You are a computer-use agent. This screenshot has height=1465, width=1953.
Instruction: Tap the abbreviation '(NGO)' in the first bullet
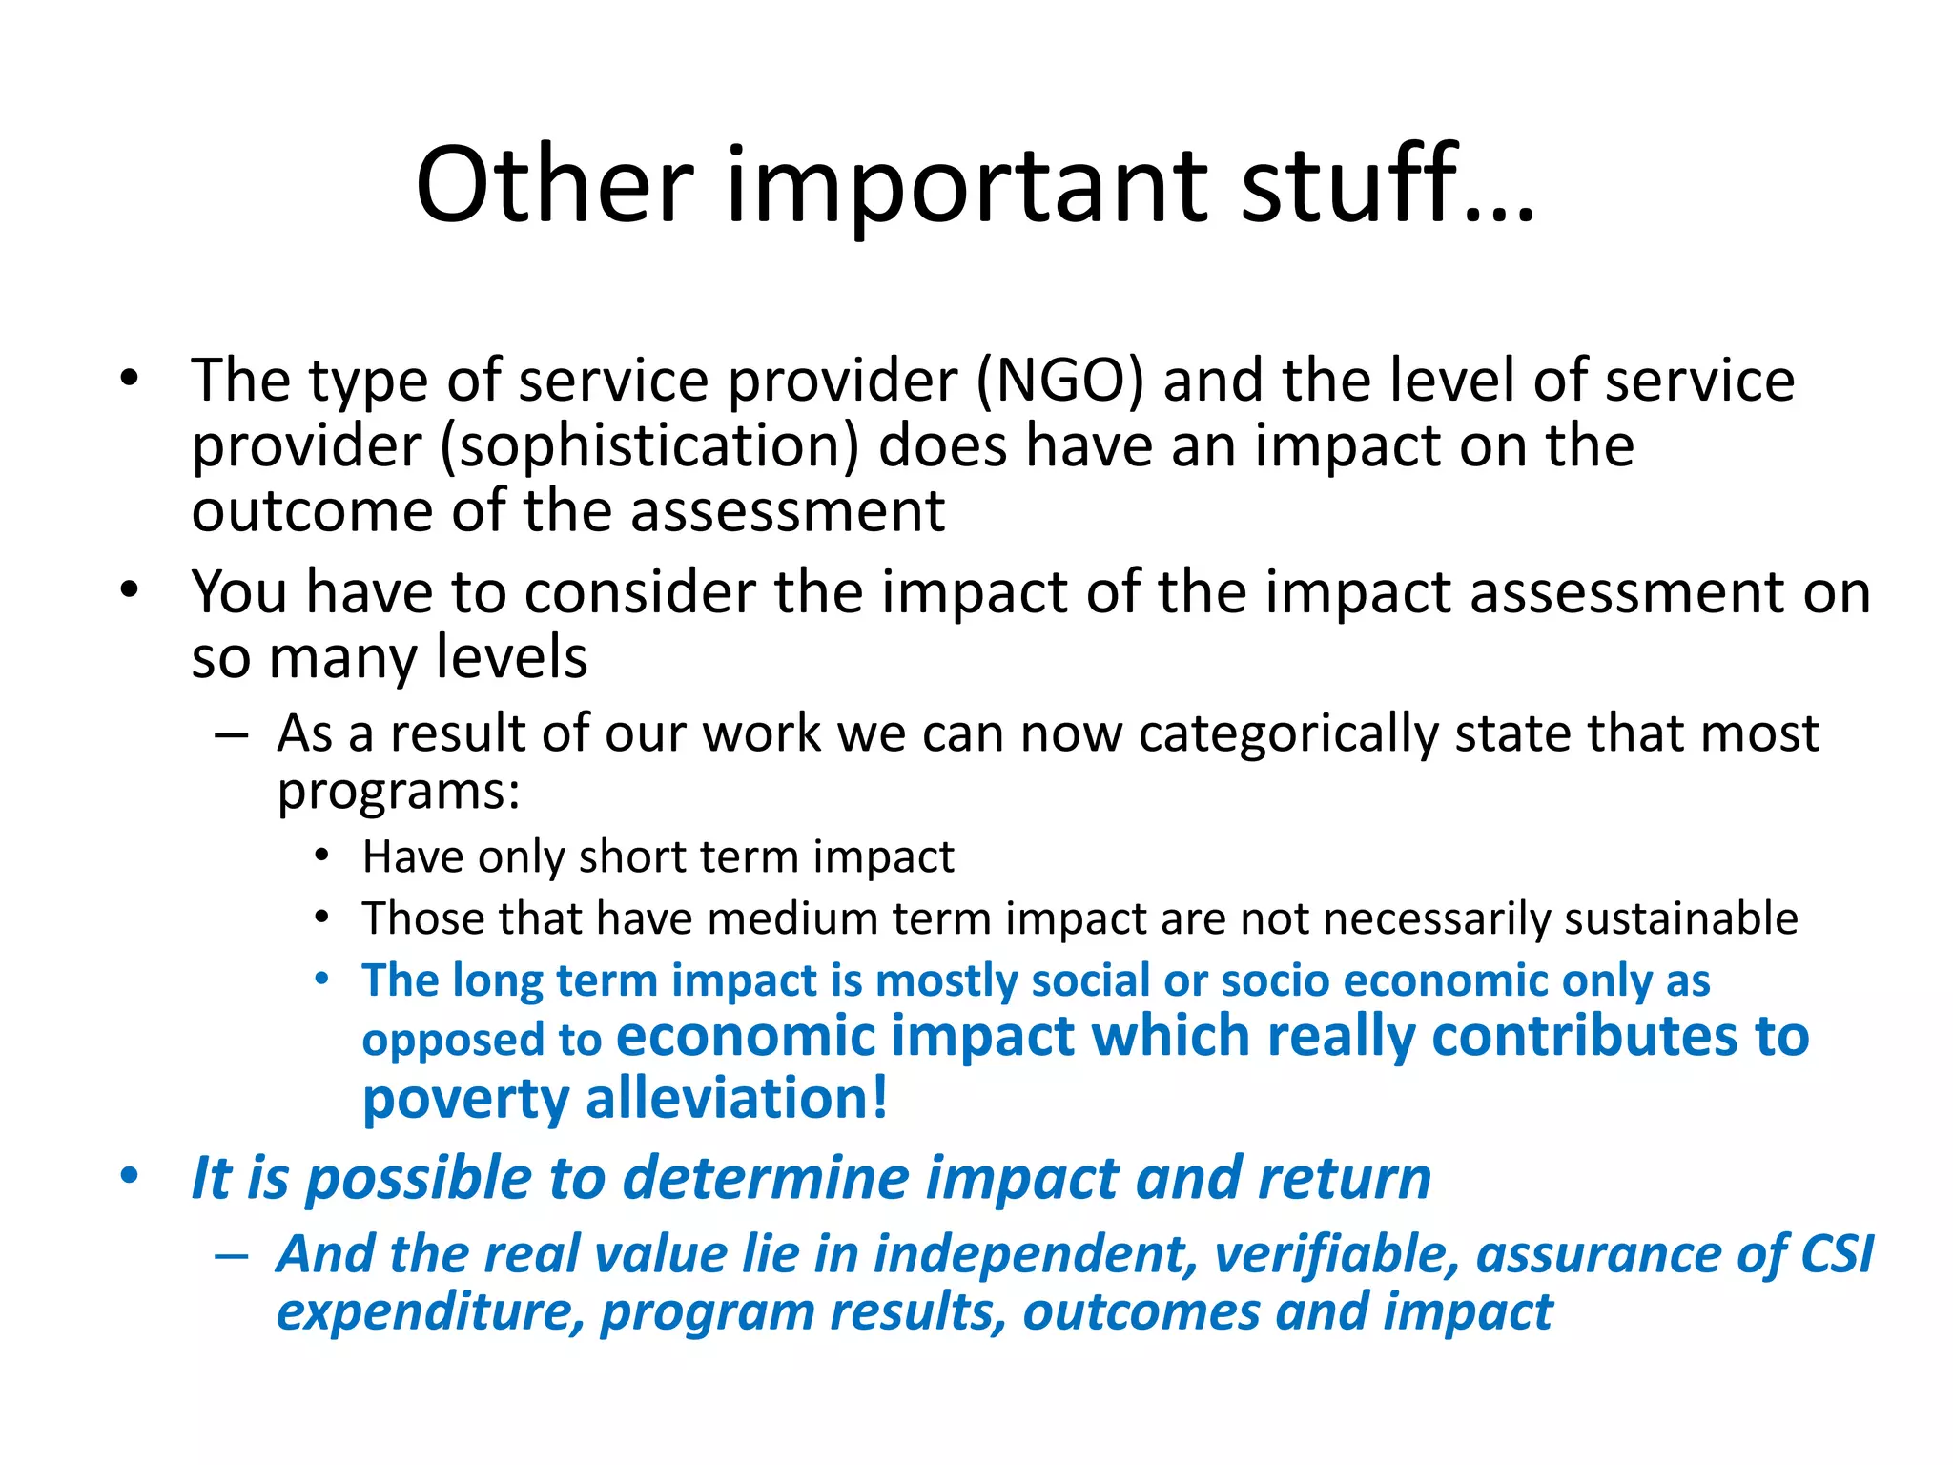pyautogui.click(x=1059, y=381)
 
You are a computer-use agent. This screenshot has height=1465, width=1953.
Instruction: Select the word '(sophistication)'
pyautogui.click(x=649, y=446)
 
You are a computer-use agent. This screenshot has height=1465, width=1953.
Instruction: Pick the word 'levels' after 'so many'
pyautogui.click(x=512, y=657)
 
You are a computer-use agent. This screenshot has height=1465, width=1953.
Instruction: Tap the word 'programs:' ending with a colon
pyautogui.click(x=399, y=792)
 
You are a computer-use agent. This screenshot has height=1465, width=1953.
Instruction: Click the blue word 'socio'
pyautogui.click(x=1275, y=980)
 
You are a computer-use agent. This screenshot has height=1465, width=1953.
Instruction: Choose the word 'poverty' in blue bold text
pyautogui.click(x=465, y=1100)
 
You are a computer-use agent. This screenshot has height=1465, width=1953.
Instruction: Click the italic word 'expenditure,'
pyautogui.click(x=430, y=1312)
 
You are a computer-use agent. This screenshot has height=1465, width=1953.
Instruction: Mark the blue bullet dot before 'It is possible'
pyautogui.click(x=130, y=1176)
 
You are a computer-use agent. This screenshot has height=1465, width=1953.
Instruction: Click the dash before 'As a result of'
pyautogui.click(x=232, y=735)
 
